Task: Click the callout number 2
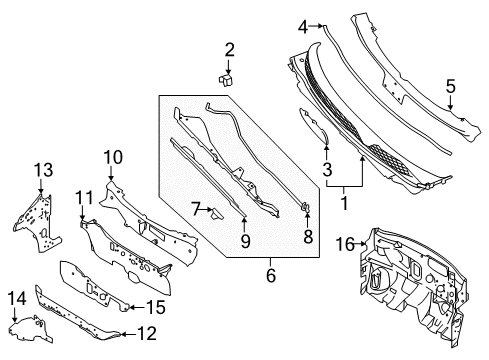coord(229,48)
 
